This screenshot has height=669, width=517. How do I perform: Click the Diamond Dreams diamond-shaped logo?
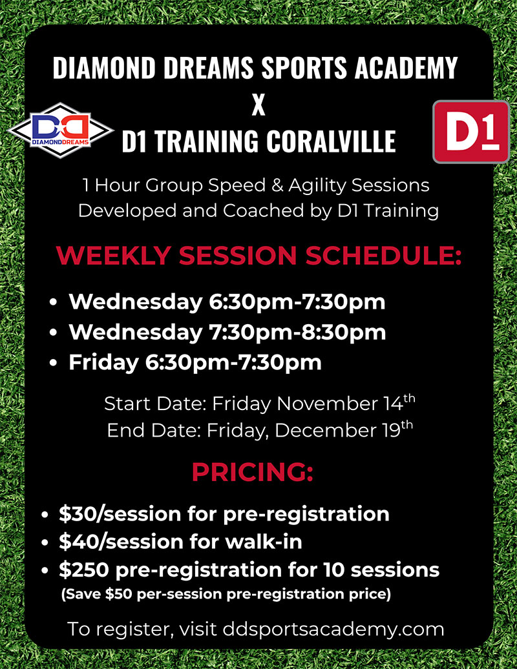61,130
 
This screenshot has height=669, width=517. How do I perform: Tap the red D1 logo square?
471,132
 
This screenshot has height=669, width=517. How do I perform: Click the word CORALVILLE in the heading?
332,141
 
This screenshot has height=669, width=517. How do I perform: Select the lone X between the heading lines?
258,105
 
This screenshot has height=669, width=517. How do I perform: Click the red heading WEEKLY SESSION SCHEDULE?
258,255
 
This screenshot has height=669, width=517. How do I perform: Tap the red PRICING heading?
252,471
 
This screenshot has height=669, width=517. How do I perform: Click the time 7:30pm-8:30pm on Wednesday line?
297,332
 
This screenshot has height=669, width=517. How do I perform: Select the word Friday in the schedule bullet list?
103,363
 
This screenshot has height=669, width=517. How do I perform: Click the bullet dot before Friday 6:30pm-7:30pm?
53,363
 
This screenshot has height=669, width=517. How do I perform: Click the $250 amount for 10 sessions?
83,570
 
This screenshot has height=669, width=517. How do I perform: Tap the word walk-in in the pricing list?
264,542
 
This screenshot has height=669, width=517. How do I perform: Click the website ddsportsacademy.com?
333,630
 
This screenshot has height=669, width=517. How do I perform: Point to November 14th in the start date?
346,403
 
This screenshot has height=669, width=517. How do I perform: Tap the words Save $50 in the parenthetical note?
99,594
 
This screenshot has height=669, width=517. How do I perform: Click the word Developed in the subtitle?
127,211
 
